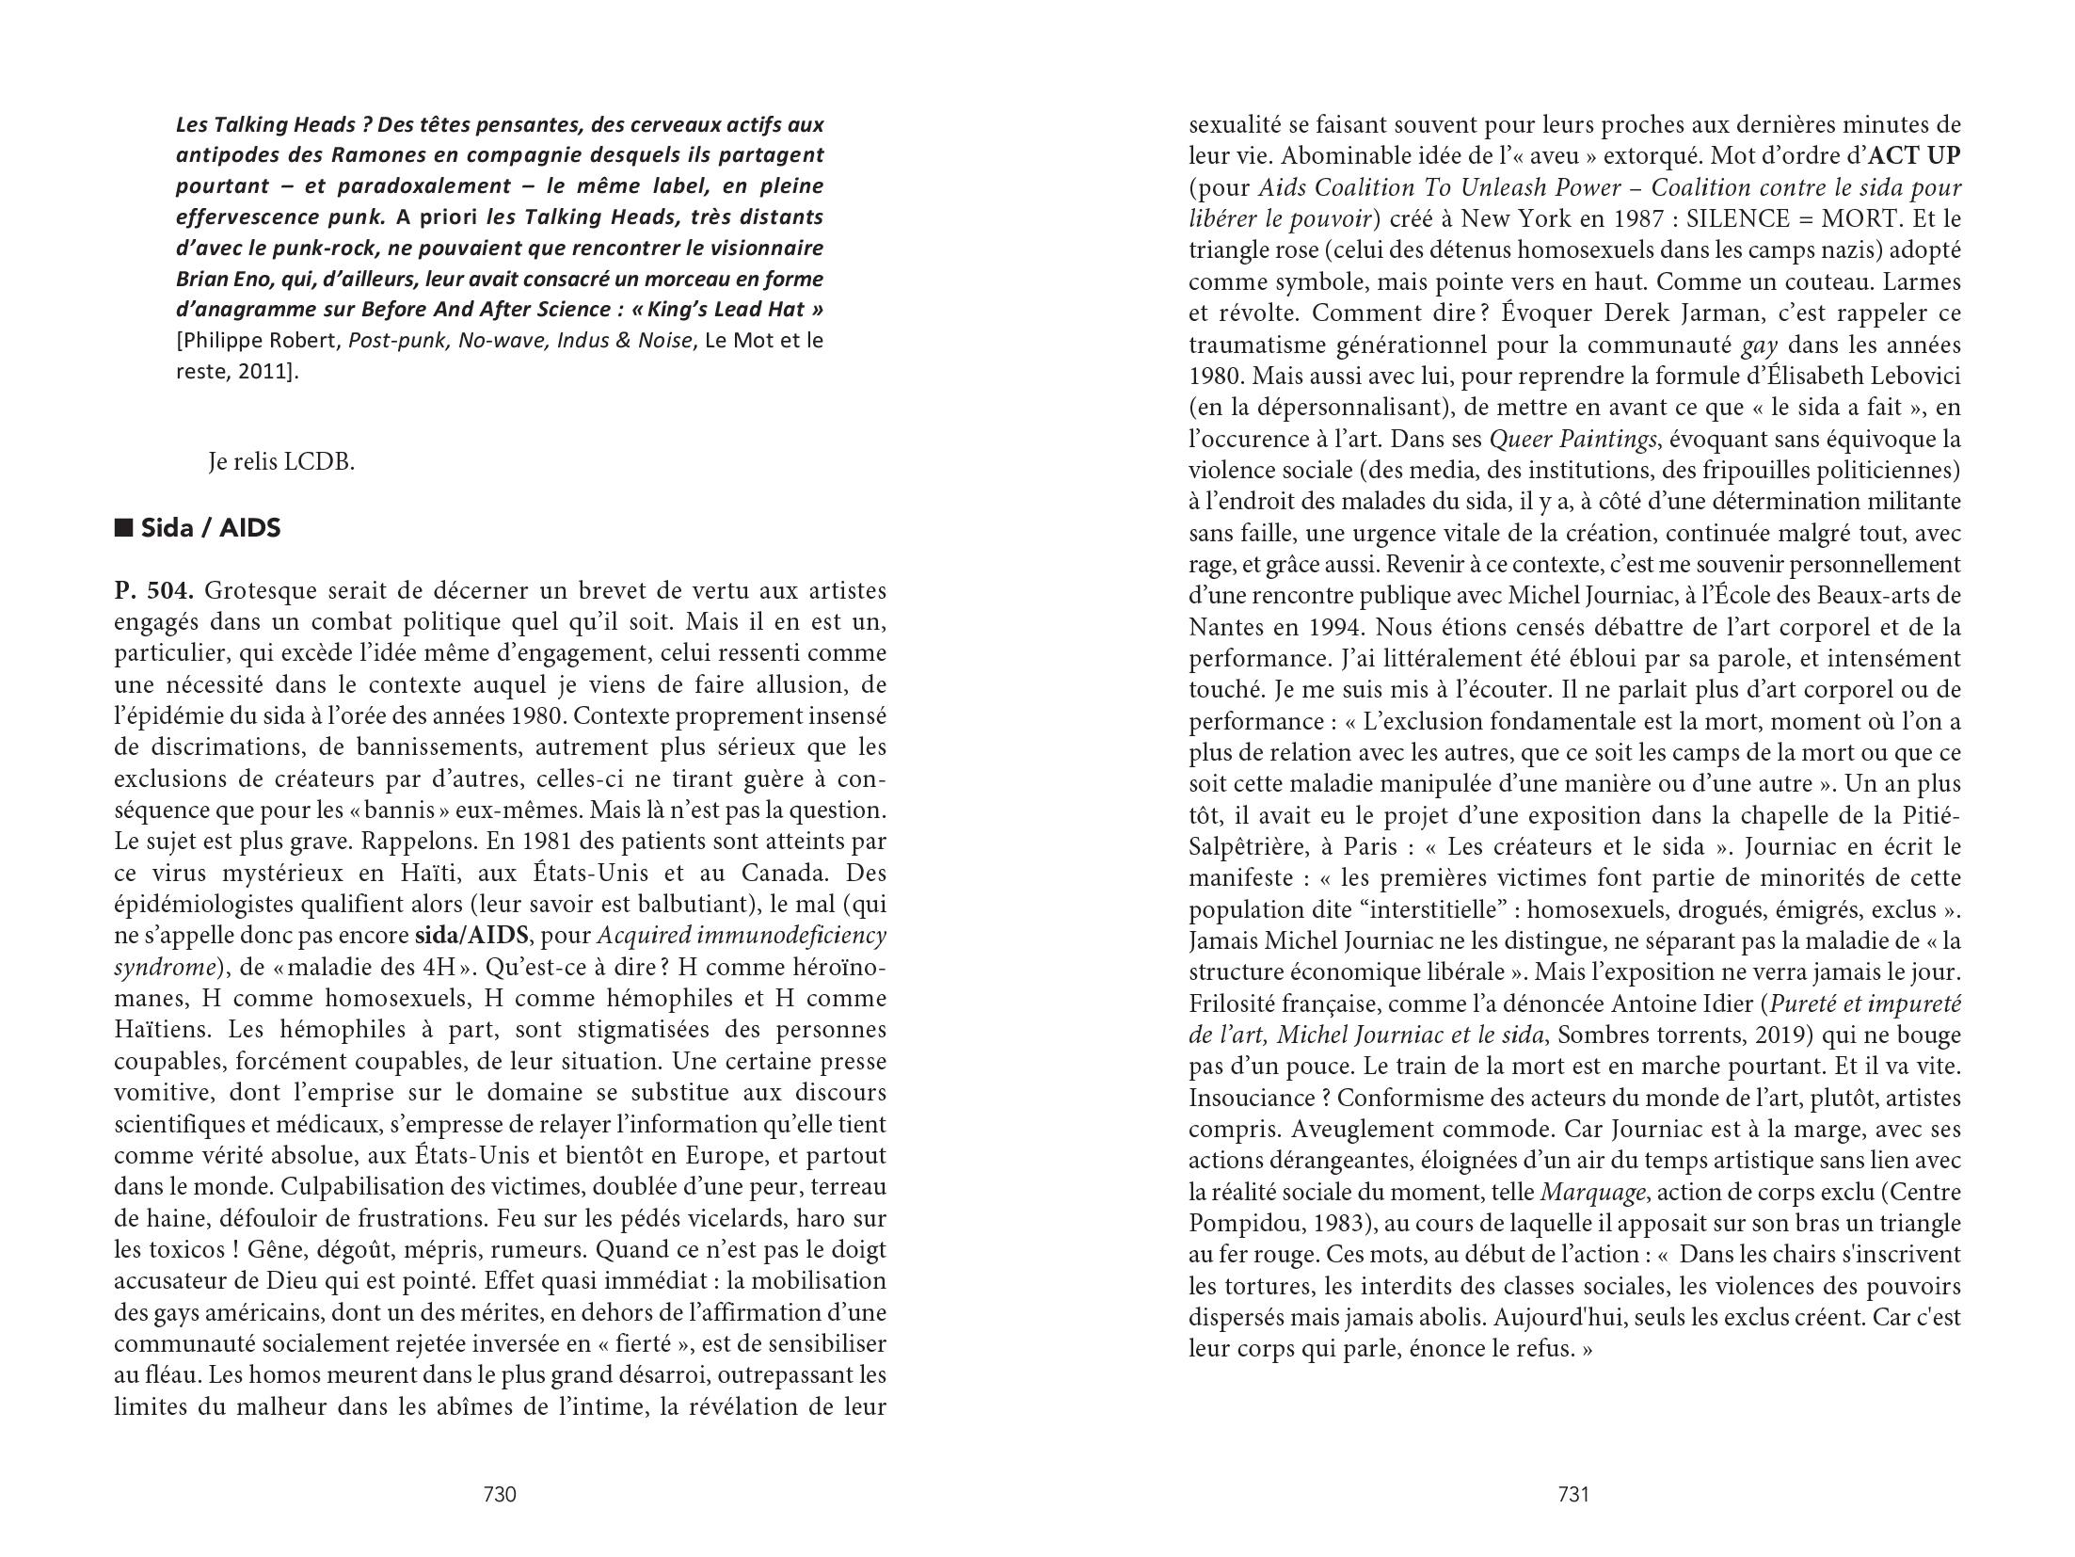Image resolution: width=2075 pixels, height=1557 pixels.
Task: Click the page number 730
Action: click(499, 1494)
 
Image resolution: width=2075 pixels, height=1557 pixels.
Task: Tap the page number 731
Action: click(1573, 1494)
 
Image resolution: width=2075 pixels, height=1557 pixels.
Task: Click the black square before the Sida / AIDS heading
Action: click(122, 528)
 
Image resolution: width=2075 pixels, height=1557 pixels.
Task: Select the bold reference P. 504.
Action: click(154, 591)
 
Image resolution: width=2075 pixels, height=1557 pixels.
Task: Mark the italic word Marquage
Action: click(1592, 1192)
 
